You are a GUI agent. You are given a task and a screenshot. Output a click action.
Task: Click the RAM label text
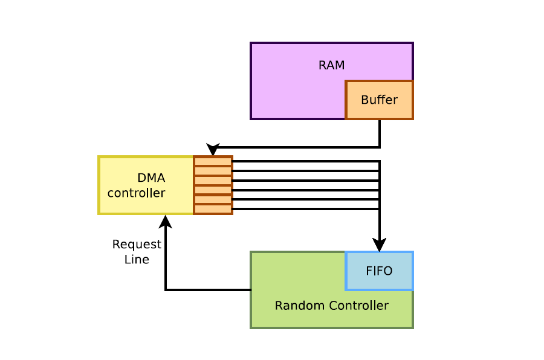coord(331,65)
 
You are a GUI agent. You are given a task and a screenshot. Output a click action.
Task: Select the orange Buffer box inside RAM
coord(379,100)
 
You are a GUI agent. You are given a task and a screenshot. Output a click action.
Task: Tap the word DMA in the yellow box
coord(151,178)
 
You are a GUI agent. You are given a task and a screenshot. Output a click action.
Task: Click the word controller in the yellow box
coord(136,193)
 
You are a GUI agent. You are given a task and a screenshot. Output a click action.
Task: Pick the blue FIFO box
coord(379,271)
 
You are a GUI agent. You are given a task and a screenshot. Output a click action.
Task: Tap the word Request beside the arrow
coord(137,245)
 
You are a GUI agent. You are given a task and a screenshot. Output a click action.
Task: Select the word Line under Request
coord(137,260)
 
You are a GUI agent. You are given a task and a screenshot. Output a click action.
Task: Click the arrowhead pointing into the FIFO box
coord(379,245)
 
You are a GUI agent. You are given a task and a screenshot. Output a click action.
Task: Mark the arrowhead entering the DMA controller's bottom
coord(165,221)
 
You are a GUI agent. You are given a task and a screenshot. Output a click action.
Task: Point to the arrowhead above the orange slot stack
coord(213,150)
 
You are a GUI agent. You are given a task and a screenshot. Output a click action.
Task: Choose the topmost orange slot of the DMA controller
coord(213,161)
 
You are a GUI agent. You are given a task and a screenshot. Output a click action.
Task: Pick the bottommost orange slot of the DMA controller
coord(213,209)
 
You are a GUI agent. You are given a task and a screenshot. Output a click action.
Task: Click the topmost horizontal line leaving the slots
coord(302,161)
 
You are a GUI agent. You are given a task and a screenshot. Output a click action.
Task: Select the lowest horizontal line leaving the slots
coord(302,209)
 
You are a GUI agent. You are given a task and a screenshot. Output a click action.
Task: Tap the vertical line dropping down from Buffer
coord(380,133)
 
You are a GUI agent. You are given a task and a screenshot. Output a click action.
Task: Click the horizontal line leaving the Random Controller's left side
coord(209,290)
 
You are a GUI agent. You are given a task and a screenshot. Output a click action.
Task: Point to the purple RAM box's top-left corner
coord(251,43)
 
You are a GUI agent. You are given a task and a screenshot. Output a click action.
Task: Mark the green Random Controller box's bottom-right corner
coord(412,327)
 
